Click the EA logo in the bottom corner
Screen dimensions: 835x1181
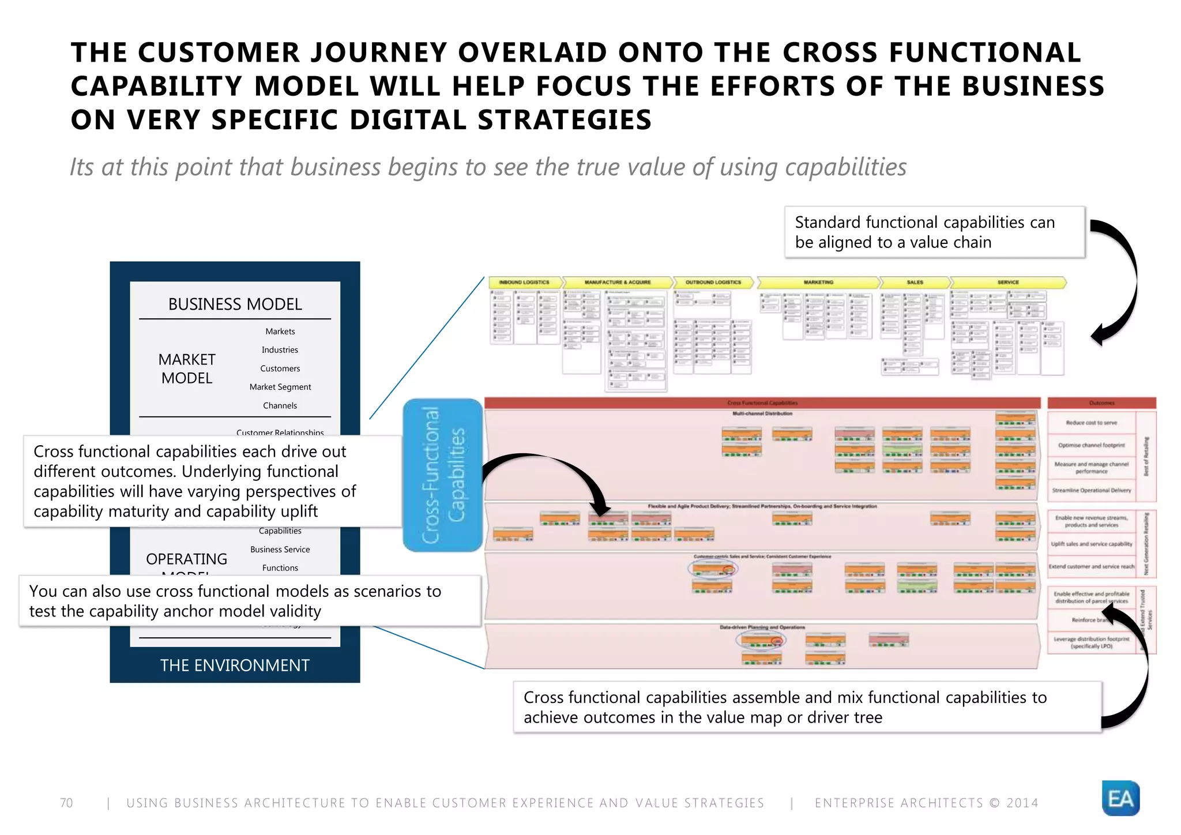(x=1120, y=798)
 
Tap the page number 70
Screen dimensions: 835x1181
(x=66, y=803)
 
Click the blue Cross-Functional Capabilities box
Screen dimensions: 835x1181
(x=442, y=475)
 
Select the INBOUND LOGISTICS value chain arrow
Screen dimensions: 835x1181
(x=524, y=283)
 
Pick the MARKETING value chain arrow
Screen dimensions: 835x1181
(x=818, y=283)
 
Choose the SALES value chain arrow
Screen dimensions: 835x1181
(x=915, y=283)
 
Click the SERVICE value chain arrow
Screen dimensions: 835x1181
(x=1007, y=283)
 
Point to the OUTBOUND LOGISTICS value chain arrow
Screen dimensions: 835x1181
(x=713, y=283)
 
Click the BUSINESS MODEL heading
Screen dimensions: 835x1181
(x=235, y=304)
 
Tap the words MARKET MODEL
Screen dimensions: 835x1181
(x=187, y=368)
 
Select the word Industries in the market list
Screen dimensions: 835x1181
(x=280, y=350)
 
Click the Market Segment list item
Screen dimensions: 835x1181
(x=280, y=387)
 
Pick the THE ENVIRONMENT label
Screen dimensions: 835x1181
(x=235, y=665)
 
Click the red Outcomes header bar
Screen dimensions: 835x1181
(x=1101, y=403)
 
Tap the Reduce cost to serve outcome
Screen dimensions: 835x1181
(x=1091, y=423)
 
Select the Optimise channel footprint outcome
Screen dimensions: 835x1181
(x=1091, y=445)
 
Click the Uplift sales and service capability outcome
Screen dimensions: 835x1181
(x=1091, y=544)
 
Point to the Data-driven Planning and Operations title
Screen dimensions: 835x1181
(x=762, y=627)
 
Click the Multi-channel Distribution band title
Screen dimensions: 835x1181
(x=762, y=413)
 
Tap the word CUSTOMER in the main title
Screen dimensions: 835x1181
(x=219, y=52)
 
